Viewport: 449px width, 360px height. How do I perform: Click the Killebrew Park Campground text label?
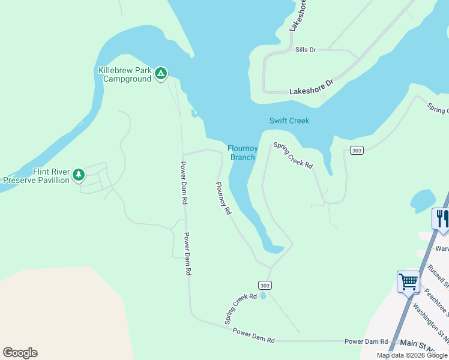(125, 74)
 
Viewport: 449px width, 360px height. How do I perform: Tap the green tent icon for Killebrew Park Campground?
(161, 73)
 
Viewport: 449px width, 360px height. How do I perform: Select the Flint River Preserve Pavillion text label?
(36, 176)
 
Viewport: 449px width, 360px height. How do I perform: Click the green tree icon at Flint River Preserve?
(78, 175)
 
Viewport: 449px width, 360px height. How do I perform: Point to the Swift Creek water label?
(289, 121)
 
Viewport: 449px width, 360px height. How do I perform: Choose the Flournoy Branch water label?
(243, 153)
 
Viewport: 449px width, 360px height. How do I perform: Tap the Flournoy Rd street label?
(223, 199)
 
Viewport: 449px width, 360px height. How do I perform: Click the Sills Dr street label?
(305, 50)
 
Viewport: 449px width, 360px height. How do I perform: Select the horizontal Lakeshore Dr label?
(310, 89)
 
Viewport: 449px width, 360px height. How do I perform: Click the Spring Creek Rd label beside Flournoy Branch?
(293, 155)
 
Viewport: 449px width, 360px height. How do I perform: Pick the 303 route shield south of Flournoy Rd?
(265, 284)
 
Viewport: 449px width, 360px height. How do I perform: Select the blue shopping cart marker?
(408, 281)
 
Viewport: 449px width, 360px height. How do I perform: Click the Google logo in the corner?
(20, 353)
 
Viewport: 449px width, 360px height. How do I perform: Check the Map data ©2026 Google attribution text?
(412, 355)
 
